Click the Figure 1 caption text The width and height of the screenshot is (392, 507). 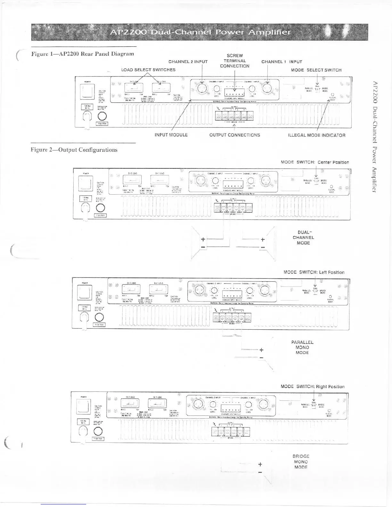tap(82, 54)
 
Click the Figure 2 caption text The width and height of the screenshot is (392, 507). tap(74, 150)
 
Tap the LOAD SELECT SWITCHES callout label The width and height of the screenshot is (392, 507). tap(148, 70)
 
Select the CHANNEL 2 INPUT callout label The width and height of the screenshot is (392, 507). tap(188, 62)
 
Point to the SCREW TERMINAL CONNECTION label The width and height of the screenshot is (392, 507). tap(234, 61)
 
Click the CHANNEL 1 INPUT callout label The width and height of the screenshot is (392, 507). tap(282, 62)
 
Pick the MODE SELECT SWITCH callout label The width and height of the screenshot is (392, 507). tap(316, 70)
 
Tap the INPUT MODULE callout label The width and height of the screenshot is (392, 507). tap(171, 135)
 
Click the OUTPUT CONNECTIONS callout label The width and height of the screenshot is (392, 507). tap(235, 135)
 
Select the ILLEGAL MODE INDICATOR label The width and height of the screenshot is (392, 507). tap(317, 135)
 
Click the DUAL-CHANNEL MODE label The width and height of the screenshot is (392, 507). tap(303, 237)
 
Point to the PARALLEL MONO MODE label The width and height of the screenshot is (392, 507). tap(302, 347)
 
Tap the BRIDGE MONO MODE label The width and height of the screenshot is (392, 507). tap(301, 462)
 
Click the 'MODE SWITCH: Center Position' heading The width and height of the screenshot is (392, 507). tap(315, 162)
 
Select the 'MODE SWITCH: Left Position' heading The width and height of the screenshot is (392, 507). tap(314, 272)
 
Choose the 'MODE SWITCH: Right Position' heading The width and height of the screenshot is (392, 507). tap(313, 387)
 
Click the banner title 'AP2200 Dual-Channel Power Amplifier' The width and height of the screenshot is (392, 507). tap(200, 32)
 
